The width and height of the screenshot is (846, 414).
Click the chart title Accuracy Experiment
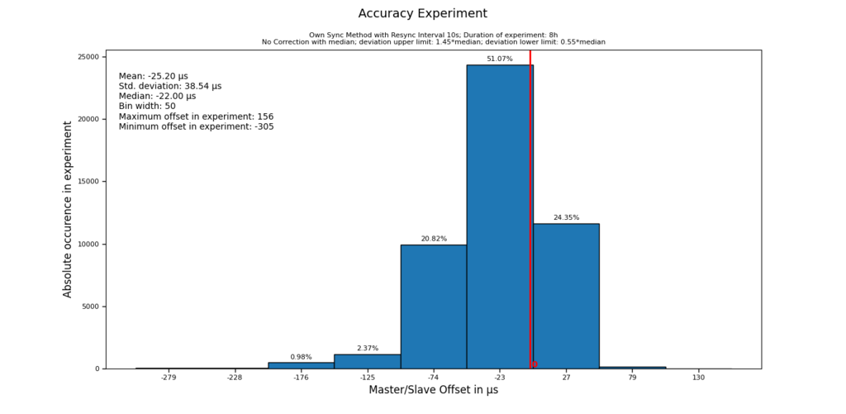422,13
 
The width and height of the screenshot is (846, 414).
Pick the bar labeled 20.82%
434,307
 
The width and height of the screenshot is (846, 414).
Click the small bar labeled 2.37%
368,362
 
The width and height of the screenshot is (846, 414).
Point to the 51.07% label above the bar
499,59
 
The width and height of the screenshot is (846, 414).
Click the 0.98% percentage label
301,357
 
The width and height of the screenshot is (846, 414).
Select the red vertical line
530,207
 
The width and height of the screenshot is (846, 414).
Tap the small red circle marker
535,364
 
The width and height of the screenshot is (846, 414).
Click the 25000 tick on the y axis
88,57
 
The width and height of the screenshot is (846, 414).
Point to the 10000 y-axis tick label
88,245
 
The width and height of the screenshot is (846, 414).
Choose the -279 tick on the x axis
169,378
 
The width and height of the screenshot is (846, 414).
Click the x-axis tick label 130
699,378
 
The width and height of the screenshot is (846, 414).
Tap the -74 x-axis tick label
434,378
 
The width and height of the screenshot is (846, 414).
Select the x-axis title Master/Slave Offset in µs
433,390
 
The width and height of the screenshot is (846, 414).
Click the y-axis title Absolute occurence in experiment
68,208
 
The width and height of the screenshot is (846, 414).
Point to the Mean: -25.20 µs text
153,76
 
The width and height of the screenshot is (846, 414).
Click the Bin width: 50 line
147,107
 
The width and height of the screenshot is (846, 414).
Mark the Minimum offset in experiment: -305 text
196,126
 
